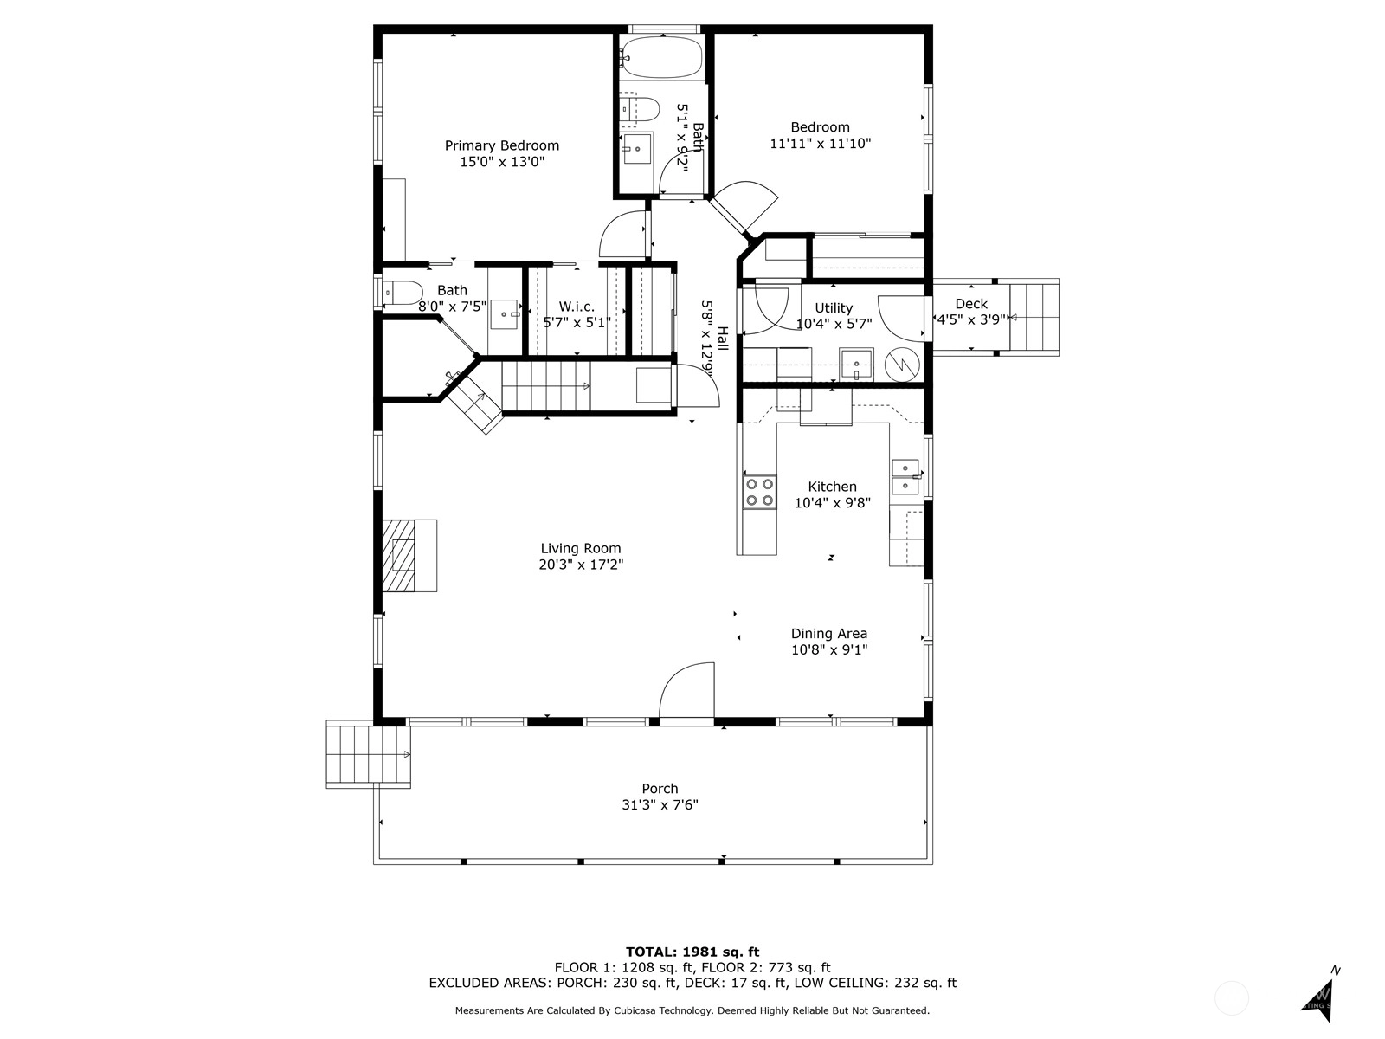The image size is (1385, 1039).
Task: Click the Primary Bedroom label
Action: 501,145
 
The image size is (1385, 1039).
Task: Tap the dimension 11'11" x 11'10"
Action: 821,143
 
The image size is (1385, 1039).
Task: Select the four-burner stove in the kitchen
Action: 759,493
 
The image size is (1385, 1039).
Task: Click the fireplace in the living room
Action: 409,555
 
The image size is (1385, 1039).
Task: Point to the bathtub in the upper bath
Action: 660,57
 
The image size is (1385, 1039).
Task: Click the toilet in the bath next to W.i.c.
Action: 403,293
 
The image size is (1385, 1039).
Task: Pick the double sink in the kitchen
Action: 905,477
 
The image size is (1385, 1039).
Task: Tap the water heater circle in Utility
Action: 902,365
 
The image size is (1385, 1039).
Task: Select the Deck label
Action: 971,304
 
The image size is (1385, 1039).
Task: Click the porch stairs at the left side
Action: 368,754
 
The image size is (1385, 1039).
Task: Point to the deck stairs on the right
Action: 1034,317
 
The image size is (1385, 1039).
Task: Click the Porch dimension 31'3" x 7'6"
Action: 660,805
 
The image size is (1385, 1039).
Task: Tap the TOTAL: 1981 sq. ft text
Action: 692,952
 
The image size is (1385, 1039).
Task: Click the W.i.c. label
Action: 577,307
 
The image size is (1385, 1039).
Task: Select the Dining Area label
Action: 829,634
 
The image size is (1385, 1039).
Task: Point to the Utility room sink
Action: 856,364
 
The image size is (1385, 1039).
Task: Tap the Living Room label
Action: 581,549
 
